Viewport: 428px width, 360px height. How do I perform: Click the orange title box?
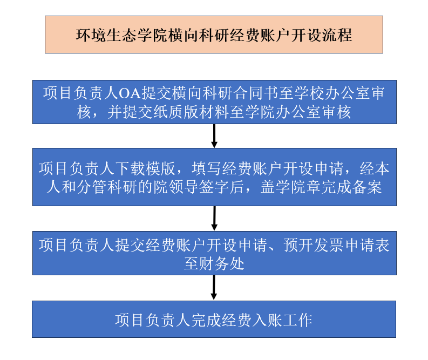tap(214, 35)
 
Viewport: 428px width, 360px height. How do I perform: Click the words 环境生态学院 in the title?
tap(121, 35)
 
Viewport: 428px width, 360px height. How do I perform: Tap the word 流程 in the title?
tap(337, 35)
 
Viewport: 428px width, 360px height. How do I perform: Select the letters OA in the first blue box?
tap(130, 93)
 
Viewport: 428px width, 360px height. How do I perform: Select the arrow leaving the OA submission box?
tap(214, 136)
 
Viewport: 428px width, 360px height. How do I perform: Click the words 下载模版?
tap(146, 168)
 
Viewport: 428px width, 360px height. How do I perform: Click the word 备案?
tap(367, 187)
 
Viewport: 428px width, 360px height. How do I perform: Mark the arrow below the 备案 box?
tap(214, 219)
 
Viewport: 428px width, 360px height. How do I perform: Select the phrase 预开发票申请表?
tap(336, 245)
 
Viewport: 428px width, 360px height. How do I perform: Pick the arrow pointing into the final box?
tap(214, 287)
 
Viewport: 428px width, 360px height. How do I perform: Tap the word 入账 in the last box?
tap(268, 320)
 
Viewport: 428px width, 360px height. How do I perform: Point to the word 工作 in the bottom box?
tap(297, 320)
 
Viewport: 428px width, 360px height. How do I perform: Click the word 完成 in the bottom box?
tap(206, 320)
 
